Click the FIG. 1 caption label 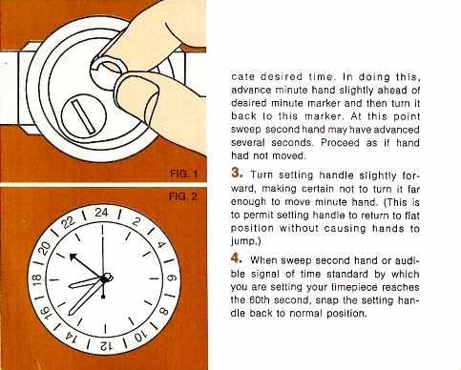(x=184, y=174)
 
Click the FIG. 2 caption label (x=183, y=196)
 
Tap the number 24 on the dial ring (x=101, y=213)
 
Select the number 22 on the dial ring (x=69, y=222)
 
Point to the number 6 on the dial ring (x=170, y=278)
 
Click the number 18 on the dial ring (x=37, y=279)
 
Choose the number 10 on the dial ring (x=139, y=337)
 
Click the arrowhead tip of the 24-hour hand (x=71, y=255)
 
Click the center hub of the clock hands (x=104, y=279)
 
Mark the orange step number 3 (x=238, y=173)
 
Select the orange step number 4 (x=237, y=258)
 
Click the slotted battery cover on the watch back (x=83, y=115)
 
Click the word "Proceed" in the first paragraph (x=340, y=142)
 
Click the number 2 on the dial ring (x=136, y=221)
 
